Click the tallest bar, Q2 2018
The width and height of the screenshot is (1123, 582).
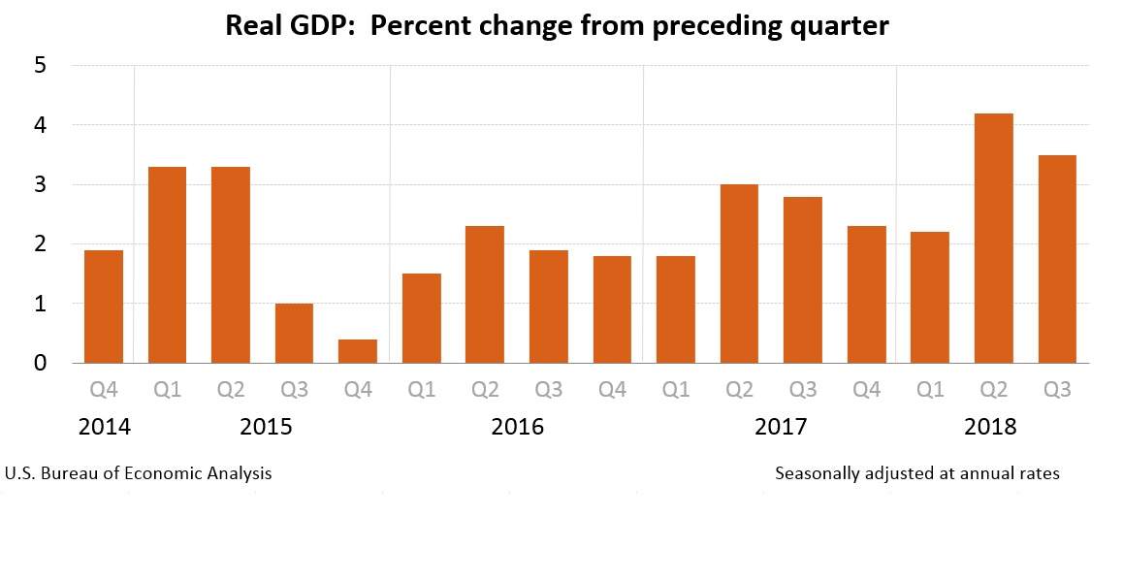(x=993, y=238)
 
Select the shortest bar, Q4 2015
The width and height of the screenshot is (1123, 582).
(x=357, y=351)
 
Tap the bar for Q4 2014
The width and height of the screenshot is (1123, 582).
(x=103, y=307)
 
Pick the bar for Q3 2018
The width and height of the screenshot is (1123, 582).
(x=1056, y=259)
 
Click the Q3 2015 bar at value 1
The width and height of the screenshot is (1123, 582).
(x=294, y=333)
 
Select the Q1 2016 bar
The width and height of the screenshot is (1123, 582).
(x=421, y=318)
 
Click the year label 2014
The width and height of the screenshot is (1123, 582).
(x=104, y=427)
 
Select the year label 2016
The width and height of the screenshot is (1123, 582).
(x=517, y=427)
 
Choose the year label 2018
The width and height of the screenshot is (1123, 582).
(x=990, y=427)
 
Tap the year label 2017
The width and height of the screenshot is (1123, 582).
(x=781, y=427)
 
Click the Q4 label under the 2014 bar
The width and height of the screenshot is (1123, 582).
(x=104, y=390)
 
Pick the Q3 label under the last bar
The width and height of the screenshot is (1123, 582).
(x=1056, y=390)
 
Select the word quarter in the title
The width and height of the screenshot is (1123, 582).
(x=840, y=27)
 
